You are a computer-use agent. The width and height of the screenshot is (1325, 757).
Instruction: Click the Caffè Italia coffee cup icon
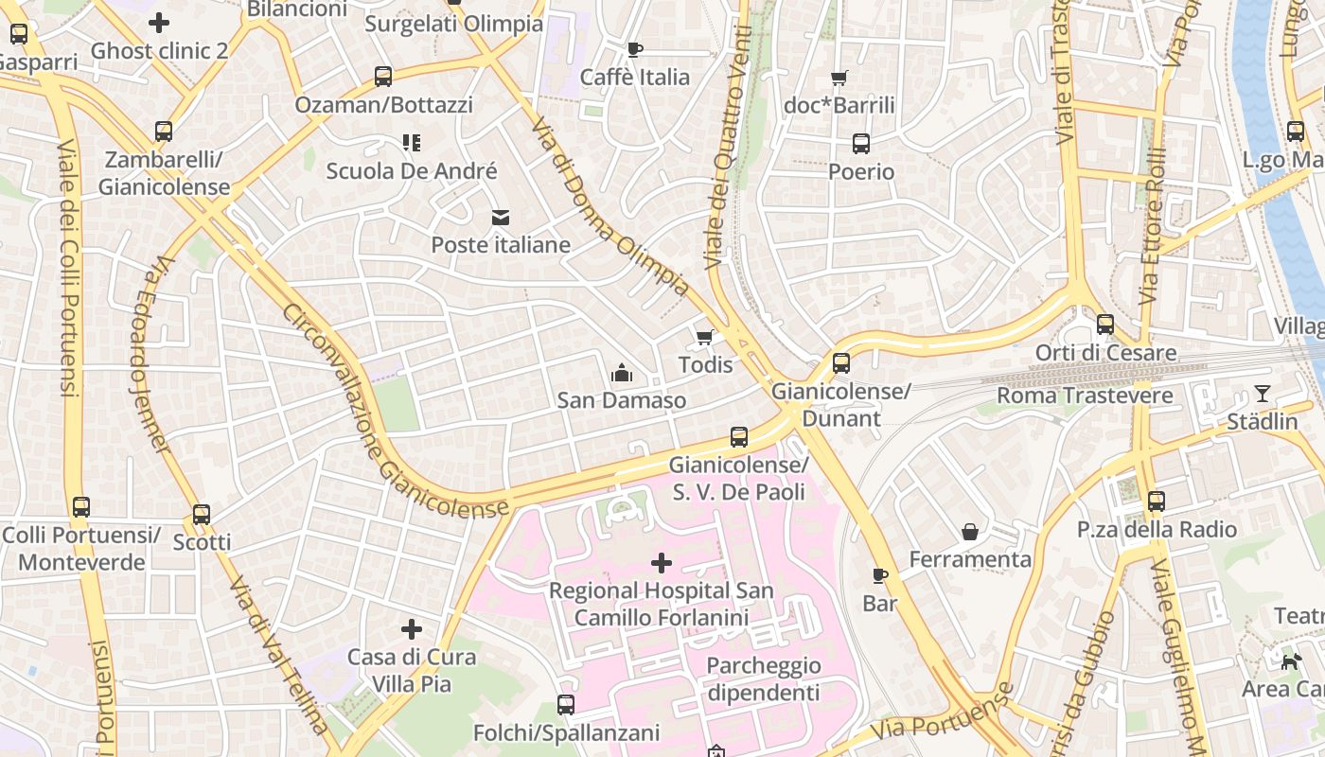click(634, 49)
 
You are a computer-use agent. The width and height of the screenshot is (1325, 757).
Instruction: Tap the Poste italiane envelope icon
click(500, 218)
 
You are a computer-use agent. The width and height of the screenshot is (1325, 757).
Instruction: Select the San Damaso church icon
click(621, 373)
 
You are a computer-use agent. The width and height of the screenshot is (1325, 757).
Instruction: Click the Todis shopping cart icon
click(704, 338)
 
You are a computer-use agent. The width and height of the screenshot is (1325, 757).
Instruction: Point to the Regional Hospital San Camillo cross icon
click(661, 564)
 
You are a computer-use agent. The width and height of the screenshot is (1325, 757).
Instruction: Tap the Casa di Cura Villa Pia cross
click(411, 629)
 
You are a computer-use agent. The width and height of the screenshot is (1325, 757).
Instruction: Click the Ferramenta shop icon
click(970, 532)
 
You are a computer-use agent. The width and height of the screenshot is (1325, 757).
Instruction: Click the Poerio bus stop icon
click(860, 144)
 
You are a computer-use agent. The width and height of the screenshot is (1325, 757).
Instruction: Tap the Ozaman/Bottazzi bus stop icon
click(382, 77)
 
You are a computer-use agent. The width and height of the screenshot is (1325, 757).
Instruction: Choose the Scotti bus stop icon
click(201, 515)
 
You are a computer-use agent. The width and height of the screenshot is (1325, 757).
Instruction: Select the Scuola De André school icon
click(411, 143)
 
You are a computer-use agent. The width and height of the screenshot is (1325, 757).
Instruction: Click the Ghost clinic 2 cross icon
click(159, 23)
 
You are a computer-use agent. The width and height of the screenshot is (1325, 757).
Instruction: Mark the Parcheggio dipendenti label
click(763, 679)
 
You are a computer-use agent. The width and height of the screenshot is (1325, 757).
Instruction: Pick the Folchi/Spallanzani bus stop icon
click(565, 705)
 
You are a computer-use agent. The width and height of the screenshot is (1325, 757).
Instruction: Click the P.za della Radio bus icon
click(1156, 502)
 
